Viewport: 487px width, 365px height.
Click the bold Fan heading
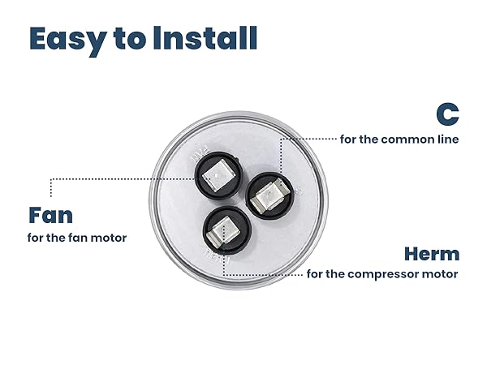click(x=50, y=215)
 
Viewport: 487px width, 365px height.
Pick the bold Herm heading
click(x=432, y=253)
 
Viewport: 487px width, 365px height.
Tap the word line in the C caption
click(x=446, y=139)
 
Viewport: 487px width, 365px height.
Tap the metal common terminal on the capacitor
click(x=266, y=196)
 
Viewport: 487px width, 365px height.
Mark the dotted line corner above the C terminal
click(x=281, y=139)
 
